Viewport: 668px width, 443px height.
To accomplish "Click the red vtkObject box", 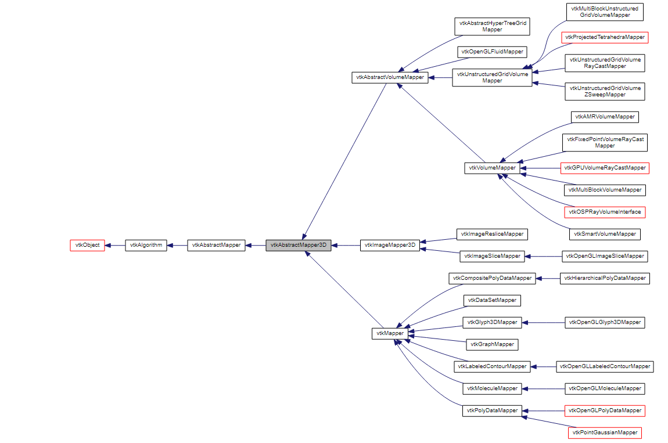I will pos(87,245).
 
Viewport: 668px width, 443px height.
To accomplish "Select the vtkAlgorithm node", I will pos(146,245).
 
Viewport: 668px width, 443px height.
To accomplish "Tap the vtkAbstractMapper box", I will pos(216,245).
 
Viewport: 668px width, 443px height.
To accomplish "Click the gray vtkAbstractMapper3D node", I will pos(299,245).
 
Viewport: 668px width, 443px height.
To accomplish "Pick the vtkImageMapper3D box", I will pos(390,245).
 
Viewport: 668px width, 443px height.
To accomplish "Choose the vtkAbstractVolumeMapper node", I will pos(390,77).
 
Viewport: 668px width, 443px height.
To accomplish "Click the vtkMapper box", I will pos(388,333).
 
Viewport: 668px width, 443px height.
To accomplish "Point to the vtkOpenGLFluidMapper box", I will pos(492,52).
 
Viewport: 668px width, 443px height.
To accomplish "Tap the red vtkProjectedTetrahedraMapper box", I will pos(604,37).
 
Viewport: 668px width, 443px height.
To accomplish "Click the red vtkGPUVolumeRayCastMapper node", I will pos(604,168).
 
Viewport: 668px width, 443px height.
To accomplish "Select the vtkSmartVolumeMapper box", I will pos(604,234).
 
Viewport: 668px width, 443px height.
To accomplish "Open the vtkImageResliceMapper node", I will pos(492,234).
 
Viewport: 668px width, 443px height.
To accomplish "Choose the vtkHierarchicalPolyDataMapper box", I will pos(604,278).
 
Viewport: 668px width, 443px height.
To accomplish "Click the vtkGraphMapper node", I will pos(492,344).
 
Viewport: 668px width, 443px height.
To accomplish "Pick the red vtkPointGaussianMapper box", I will pos(604,433).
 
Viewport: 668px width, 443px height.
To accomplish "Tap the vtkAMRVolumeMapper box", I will pos(604,117).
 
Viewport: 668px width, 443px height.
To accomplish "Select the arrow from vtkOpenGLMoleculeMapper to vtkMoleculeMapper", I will pos(543,388).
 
